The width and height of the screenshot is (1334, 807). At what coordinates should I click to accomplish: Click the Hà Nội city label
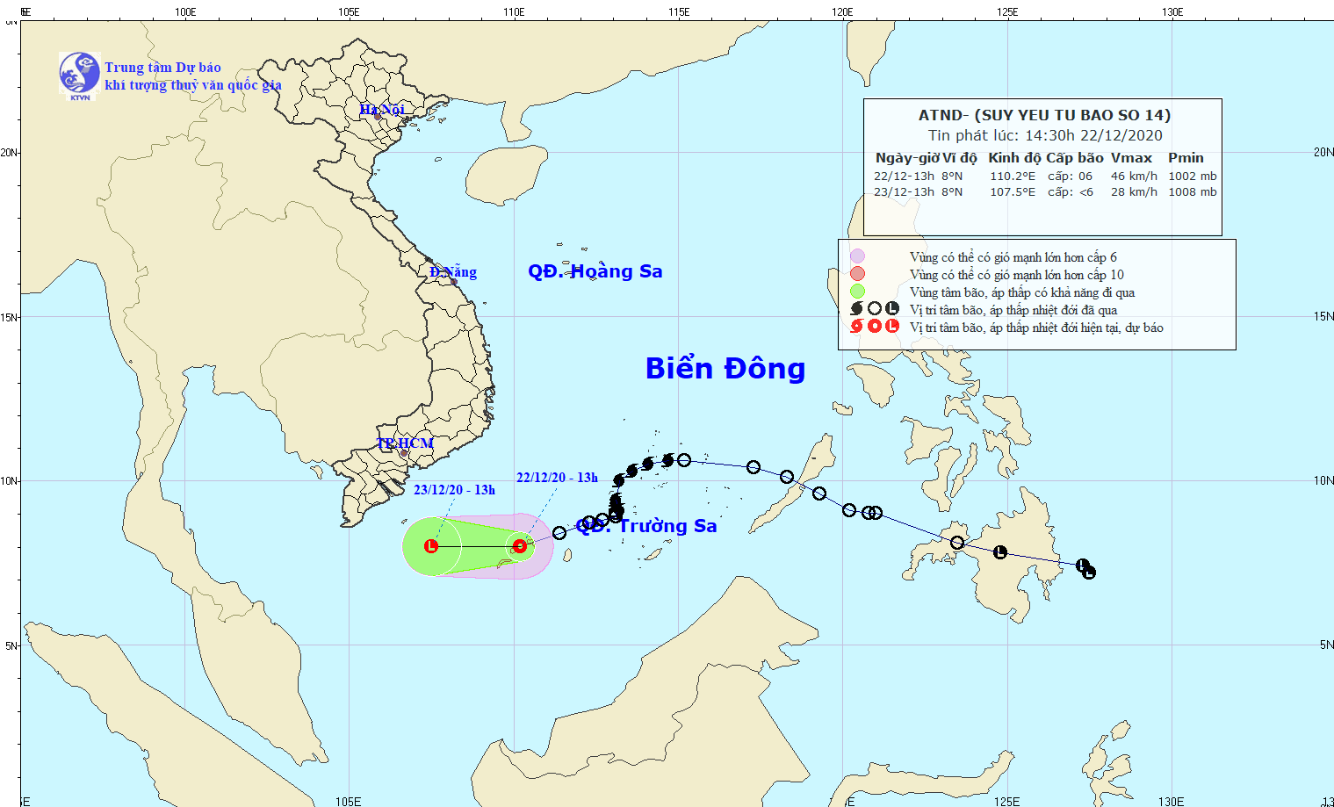tap(382, 110)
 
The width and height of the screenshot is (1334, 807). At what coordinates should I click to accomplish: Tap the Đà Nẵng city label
tap(453, 272)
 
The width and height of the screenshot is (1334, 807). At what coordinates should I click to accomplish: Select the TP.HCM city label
tap(405, 443)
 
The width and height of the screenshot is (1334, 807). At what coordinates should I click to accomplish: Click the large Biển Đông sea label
tap(725, 369)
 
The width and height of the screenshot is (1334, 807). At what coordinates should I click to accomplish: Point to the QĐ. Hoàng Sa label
tap(595, 271)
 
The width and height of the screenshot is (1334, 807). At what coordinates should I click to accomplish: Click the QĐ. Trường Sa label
tap(647, 526)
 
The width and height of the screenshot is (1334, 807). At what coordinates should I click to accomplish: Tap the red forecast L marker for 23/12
tap(431, 546)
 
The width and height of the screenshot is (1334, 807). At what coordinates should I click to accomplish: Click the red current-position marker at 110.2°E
tap(520, 546)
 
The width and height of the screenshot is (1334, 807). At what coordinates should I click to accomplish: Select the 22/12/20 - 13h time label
tap(557, 478)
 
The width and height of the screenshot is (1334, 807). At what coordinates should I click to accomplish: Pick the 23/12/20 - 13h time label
tap(454, 490)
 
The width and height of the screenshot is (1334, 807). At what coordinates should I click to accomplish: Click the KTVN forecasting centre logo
tap(80, 74)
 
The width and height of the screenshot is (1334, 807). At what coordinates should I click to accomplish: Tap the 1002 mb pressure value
tap(1192, 177)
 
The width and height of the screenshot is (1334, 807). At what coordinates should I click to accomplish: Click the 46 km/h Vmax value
tap(1134, 177)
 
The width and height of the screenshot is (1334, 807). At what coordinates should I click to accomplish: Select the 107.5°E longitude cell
tap(1013, 192)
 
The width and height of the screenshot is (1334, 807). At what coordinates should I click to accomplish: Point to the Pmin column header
tap(1186, 158)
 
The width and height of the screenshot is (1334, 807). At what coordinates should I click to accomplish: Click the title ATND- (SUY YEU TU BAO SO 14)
tap(1044, 115)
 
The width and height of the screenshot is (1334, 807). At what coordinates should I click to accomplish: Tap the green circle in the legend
tap(857, 292)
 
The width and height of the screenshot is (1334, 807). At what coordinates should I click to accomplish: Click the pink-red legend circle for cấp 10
tap(857, 274)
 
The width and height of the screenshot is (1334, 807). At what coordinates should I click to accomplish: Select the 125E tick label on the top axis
tap(1007, 12)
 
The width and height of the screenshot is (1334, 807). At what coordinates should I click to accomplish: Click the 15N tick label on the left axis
tap(10, 317)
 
